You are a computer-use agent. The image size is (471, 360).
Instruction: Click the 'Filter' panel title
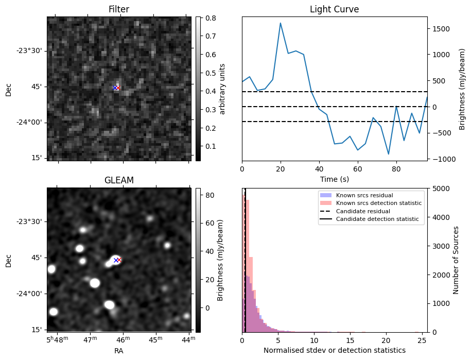coord(118,9)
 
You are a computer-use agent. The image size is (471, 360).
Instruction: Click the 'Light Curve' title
coord(334,9)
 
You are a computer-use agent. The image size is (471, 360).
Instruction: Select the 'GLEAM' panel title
coord(118,180)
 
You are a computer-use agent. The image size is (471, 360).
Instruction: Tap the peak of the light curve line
coord(281,23)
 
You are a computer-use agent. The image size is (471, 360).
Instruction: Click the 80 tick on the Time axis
coord(396,168)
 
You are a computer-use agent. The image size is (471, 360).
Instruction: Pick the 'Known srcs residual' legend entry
coord(364,195)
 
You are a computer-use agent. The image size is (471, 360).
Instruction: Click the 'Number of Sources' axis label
coord(456,260)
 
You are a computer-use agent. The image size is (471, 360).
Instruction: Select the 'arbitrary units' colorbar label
coord(222,89)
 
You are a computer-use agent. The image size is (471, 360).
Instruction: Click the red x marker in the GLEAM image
coord(118,260)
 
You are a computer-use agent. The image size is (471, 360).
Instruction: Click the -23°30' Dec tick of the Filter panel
coord(30,50)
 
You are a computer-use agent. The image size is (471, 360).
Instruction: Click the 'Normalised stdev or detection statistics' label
coord(334,350)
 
